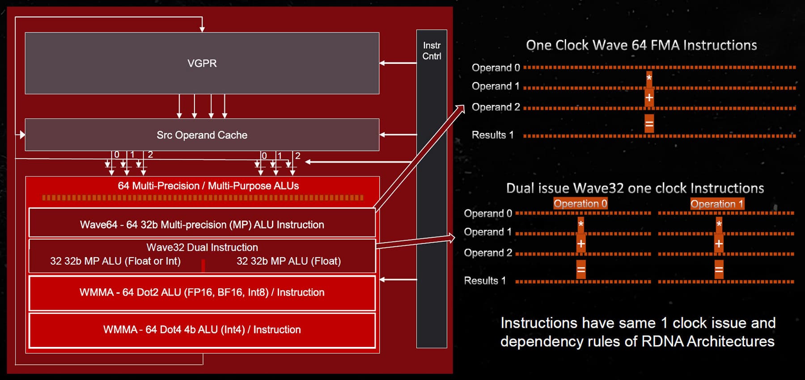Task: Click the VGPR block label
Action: (202, 63)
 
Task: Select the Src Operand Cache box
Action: (202, 135)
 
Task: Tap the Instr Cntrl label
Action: (432, 51)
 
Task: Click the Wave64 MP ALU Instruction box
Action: (202, 224)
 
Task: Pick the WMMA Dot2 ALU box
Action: (202, 293)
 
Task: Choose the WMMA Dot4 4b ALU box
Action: (202, 330)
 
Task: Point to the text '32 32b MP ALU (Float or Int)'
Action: (115, 261)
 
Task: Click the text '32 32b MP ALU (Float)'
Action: (288, 261)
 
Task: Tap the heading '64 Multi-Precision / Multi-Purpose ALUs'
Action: (208, 186)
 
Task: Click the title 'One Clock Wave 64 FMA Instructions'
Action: (641, 45)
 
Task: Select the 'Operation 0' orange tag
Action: (580, 204)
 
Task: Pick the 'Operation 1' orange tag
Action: (717, 204)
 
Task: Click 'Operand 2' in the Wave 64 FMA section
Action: (496, 107)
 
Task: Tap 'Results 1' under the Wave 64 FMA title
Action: (492, 135)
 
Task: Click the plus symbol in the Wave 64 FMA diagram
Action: (649, 97)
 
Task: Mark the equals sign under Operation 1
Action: (719, 270)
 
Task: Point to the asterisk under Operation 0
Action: (580, 224)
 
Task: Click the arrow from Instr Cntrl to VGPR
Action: (398, 63)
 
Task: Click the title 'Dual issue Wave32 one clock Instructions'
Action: (635, 188)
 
